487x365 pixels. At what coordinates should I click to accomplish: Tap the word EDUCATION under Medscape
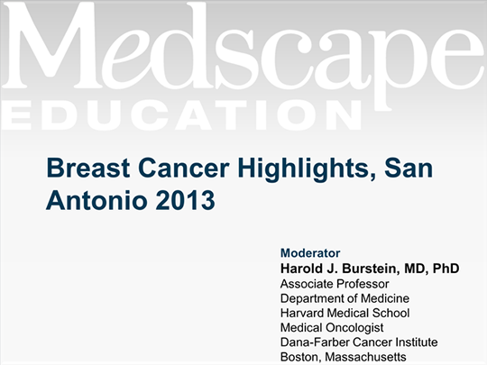[182, 114]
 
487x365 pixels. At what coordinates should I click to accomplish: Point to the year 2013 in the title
[185, 200]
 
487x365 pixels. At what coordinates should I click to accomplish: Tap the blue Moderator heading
[310, 253]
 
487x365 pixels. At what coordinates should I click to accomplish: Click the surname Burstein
[370, 269]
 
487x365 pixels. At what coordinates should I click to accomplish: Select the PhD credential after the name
[446, 269]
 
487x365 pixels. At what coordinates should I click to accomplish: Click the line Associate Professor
[335, 284]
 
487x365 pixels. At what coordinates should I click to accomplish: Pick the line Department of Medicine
[345, 298]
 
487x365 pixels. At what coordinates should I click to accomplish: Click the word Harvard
[302, 313]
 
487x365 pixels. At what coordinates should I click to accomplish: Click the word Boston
[300, 357]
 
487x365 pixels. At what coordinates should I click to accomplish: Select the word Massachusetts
[365, 357]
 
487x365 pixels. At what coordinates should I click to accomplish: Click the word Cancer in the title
[184, 169]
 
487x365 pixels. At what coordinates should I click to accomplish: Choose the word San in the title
[409, 169]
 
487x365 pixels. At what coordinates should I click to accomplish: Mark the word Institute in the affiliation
[417, 342]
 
